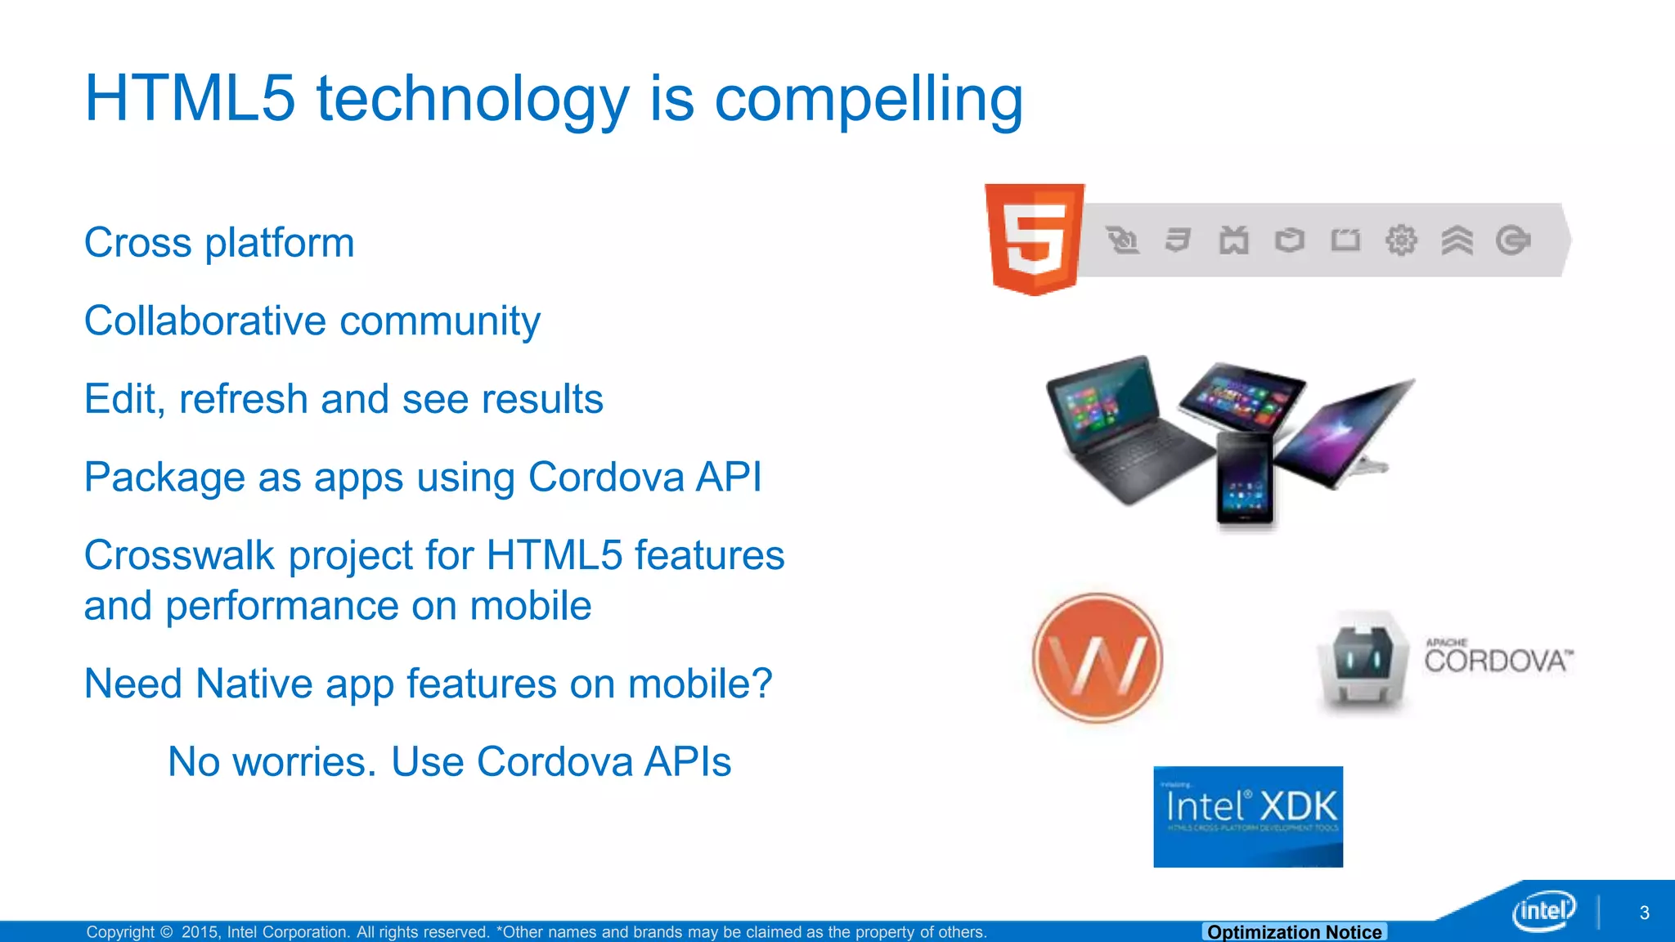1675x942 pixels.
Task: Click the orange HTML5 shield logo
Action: click(x=1035, y=239)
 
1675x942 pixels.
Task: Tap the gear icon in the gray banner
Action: click(x=1401, y=240)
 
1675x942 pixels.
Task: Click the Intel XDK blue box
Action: click(x=1248, y=816)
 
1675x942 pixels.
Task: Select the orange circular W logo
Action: click(x=1098, y=658)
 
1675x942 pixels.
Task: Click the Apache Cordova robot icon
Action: click(x=1363, y=661)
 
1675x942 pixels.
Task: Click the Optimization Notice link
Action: click(x=1294, y=931)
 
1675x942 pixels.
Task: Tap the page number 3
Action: click(x=1644, y=913)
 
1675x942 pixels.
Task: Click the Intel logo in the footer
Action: click(x=1543, y=910)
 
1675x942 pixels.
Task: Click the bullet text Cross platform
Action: click(x=219, y=243)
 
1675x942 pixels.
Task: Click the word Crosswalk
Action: click(x=180, y=555)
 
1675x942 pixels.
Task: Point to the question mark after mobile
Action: click(x=761, y=683)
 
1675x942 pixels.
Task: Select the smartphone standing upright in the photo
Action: click(x=1244, y=481)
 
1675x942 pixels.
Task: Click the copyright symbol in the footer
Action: click(x=167, y=932)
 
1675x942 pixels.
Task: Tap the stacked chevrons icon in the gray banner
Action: click(x=1457, y=240)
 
